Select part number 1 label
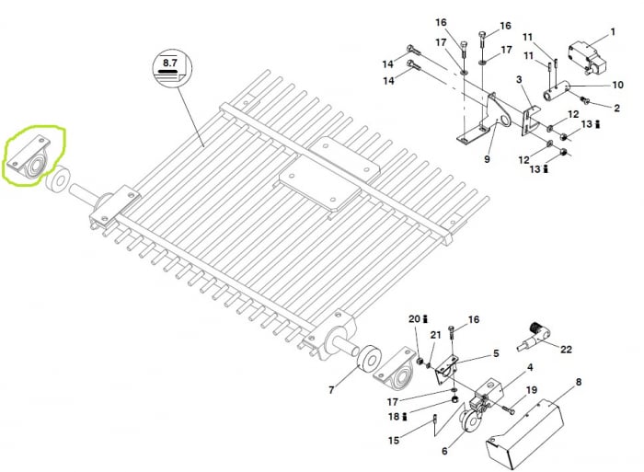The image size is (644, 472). (x=614, y=33)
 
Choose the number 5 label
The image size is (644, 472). (x=495, y=353)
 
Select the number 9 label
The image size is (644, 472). (x=487, y=158)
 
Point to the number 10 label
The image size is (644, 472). (x=618, y=86)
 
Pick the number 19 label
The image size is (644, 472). (x=531, y=390)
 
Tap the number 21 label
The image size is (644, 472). (x=436, y=336)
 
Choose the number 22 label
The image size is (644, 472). (x=566, y=349)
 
